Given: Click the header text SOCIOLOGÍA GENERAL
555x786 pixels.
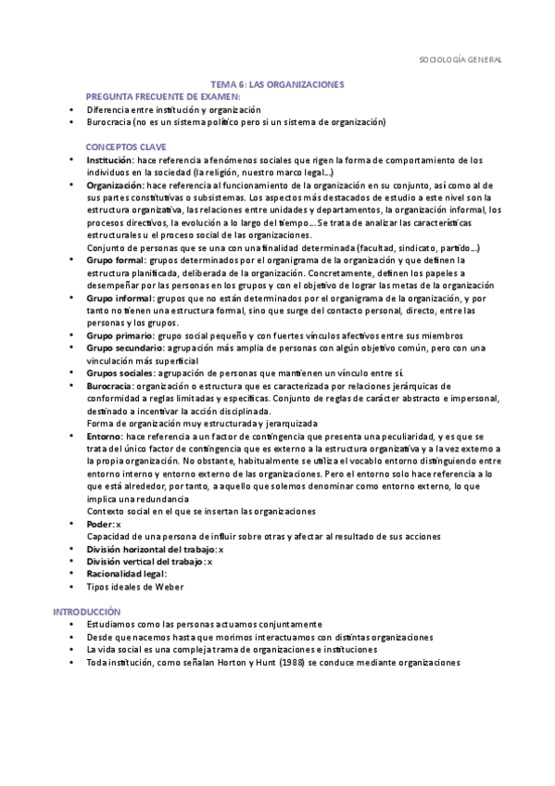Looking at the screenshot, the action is click(x=460, y=60).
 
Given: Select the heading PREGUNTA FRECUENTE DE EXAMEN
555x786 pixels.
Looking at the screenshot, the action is click(x=162, y=96).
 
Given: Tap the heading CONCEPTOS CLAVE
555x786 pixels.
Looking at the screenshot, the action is click(x=126, y=147).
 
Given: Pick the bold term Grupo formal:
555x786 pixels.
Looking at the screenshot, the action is click(x=117, y=260).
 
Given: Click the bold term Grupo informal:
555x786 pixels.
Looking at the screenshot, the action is click(x=120, y=298).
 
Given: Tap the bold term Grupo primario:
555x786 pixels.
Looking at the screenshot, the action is click(x=120, y=336).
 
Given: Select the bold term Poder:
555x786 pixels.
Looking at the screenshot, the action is click(x=100, y=524).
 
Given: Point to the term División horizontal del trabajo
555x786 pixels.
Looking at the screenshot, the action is click(x=151, y=549).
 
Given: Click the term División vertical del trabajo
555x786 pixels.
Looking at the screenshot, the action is click(x=145, y=561).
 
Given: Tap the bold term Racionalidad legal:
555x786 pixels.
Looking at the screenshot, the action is click(x=126, y=574).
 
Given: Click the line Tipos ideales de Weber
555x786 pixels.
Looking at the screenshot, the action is click(x=134, y=587).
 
